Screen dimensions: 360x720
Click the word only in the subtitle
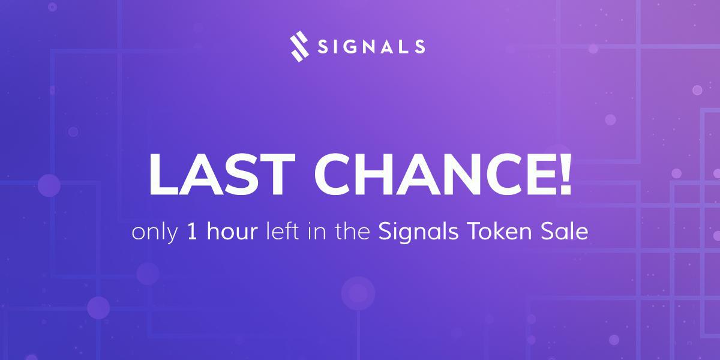[154, 233]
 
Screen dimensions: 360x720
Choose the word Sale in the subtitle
[566, 232]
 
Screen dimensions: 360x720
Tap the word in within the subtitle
[314, 232]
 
